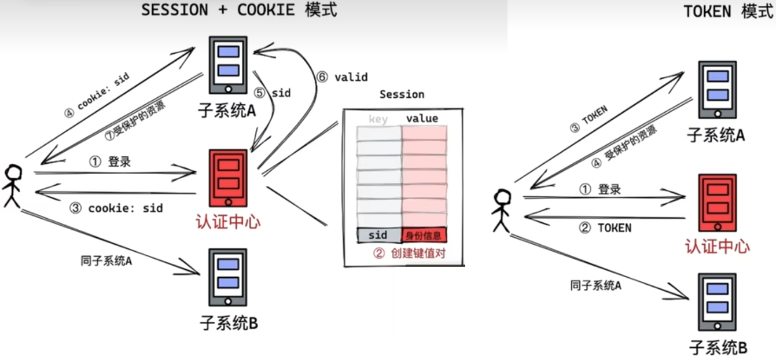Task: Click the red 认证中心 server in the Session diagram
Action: tap(228, 178)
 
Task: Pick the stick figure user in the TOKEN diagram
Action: tap(502, 211)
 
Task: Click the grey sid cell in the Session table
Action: tap(378, 235)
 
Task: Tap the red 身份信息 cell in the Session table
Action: tap(424, 235)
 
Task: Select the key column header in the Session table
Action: tap(378, 119)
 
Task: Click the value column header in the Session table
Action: tap(422, 119)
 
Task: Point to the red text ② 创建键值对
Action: tap(409, 253)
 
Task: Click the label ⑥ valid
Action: tap(341, 78)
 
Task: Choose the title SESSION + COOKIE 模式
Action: tap(239, 10)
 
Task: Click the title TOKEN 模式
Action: tap(727, 12)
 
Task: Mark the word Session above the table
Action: tap(402, 94)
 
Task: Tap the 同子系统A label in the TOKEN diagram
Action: tap(595, 285)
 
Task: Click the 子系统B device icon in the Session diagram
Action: tap(228, 277)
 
